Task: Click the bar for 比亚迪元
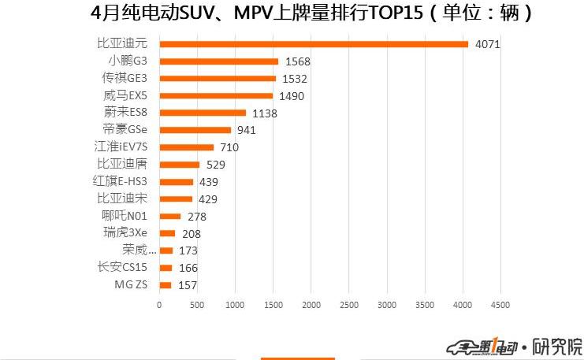[x=314, y=44]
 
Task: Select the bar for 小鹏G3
[x=218, y=61]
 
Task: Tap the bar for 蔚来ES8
[x=203, y=113]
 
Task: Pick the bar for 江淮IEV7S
[x=186, y=147]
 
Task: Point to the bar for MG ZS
[x=165, y=285]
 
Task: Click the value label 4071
[x=487, y=45]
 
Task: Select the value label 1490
[x=291, y=96]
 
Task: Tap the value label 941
[x=247, y=131]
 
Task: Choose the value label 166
[x=188, y=269]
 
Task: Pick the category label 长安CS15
[x=122, y=268]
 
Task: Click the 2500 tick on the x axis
[x=349, y=305]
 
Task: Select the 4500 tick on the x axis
[x=500, y=305]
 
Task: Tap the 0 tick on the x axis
[x=159, y=305]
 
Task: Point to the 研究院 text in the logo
[x=557, y=347]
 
